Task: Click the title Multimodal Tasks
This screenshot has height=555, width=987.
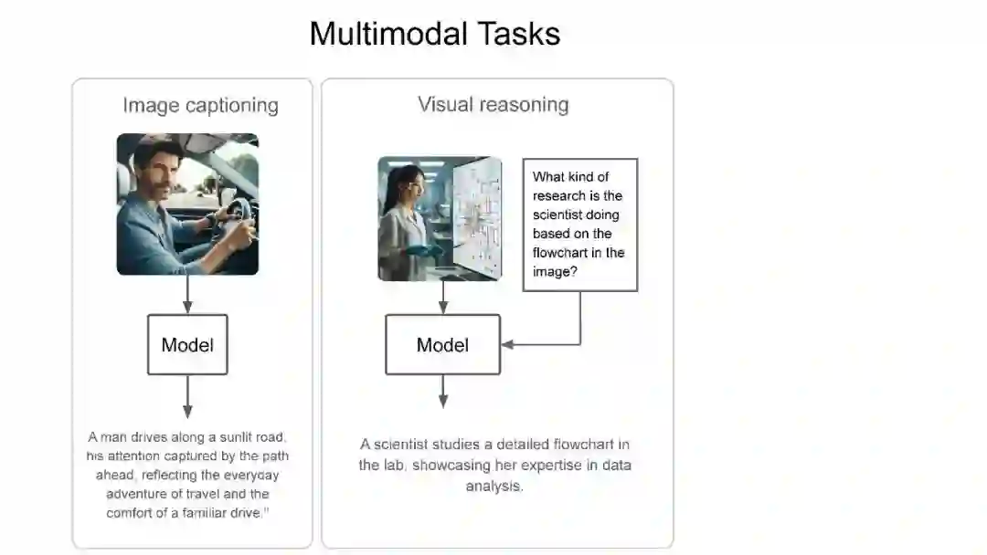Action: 434,34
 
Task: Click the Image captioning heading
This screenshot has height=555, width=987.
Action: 200,105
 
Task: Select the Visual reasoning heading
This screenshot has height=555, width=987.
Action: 493,104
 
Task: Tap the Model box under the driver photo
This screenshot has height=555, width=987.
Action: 187,345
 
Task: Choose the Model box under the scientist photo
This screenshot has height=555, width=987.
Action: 442,345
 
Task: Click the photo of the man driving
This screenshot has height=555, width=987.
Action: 187,204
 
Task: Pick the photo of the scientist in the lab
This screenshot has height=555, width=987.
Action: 440,218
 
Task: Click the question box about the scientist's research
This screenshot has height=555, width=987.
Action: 579,225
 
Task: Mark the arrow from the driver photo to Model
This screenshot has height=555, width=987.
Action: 187,295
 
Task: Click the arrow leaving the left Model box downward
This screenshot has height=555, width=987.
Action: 187,396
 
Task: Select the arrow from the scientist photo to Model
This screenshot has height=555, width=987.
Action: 443,298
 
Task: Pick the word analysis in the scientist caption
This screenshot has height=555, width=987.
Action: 493,486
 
